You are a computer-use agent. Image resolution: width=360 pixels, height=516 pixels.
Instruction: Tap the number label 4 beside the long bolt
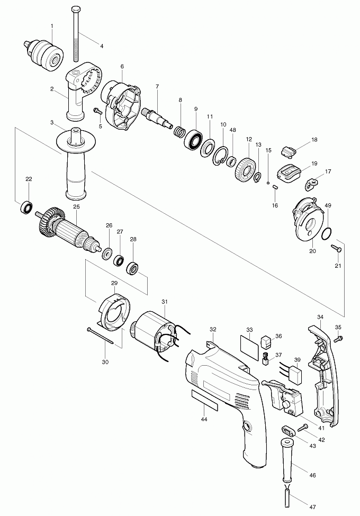[x=102, y=47]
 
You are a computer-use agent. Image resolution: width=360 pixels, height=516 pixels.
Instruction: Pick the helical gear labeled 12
[x=245, y=169]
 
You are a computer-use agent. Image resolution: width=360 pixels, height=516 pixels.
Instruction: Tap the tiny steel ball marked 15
[x=268, y=182]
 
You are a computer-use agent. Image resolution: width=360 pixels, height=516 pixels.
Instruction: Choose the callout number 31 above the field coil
[x=165, y=302]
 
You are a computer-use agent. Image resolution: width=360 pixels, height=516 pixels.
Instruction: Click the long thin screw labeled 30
[x=100, y=336]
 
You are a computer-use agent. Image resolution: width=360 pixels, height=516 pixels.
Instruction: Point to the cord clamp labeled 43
[x=288, y=430]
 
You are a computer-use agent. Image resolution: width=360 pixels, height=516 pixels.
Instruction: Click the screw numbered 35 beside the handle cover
[x=338, y=338]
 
